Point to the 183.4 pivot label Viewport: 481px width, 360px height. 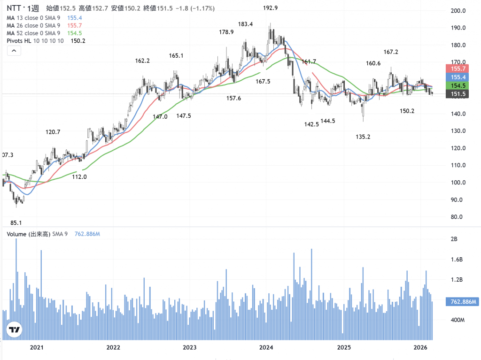pos(245,24)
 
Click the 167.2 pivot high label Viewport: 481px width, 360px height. pos(390,52)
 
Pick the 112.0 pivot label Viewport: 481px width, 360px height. pos(79,177)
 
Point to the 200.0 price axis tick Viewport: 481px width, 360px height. pos(458,11)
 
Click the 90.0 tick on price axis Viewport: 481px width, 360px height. pos(456,200)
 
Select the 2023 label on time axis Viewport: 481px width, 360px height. pos(190,348)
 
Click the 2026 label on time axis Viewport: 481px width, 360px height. pos(420,348)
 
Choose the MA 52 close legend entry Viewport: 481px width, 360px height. pos(33,33)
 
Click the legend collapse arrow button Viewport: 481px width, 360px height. pos(14,51)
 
